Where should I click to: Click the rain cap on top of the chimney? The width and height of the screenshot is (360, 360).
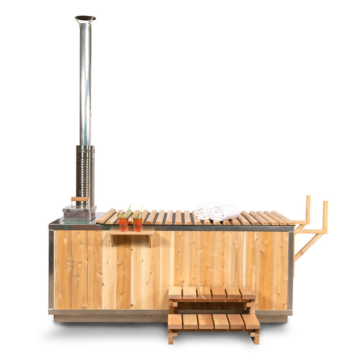tap(85, 19)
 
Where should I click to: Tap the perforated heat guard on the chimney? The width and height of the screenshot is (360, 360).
tap(85, 175)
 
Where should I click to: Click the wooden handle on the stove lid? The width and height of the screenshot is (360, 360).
tap(80, 199)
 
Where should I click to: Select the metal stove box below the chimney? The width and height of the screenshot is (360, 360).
tap(80, 213)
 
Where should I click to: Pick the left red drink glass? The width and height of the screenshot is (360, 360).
tap(123, 224)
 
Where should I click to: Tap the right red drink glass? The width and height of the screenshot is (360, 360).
tap(137, 224)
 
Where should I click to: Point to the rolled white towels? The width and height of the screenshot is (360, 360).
tap(217, 211)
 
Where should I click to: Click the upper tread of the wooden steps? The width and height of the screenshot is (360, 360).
tap(211, 293)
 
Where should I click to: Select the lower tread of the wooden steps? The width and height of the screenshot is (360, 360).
tap(214, 321)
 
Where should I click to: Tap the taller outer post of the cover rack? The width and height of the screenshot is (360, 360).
tap(325, 216)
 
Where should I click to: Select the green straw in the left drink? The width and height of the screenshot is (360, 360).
tap(128, 210)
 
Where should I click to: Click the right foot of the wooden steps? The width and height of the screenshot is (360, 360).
tap(256, 337)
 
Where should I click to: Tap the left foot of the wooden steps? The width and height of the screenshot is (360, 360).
tap(171, 337)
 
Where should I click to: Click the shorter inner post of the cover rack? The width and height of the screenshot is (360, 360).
tap(308, 209)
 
